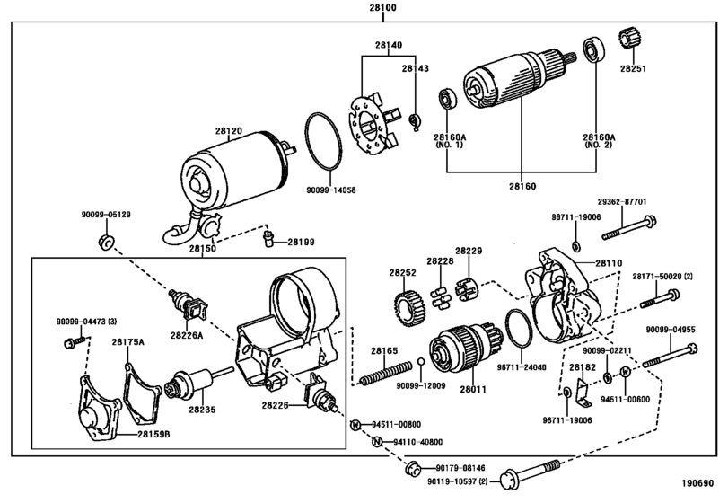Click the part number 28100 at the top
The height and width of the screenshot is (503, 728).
pyautogui.click(x=383, y=7)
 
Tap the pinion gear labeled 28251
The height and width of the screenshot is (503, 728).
pyautogui.click(x=627, y=39)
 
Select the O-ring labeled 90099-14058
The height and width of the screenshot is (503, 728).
pyautogui.click(x=324, y=141)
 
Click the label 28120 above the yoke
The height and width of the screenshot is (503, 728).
pyautogui.click(x=228, y=131)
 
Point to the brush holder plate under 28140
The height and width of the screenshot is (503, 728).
pyautogui.click(x=372, y=124)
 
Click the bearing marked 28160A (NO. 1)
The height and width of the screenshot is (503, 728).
pyautogui.click(x=448, y=99)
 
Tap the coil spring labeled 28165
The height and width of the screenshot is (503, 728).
pyautogui.click(x=385, y=372)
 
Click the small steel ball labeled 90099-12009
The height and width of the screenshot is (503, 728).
pyautogui.click(x=421, y=362)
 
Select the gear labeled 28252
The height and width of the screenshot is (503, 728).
pyautogui.click(x=409, y=308)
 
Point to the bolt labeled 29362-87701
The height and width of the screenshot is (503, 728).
pyautogui.click(x=629, y=228)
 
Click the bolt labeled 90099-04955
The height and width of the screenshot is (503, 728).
pyautogui.click(x=670, y=356)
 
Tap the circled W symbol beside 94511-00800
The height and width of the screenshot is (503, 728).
pyautogui.click(x=355, y=425)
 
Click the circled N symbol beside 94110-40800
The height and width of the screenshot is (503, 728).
pyautogui.click(x=377, y=442)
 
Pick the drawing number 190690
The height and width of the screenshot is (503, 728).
pyautogui.click(x=697, y=483)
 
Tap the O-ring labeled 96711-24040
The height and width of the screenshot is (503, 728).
pyautogui.click(x=519, y=329)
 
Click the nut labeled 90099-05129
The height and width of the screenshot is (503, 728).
pyautogui.click(x=107, y=242)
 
